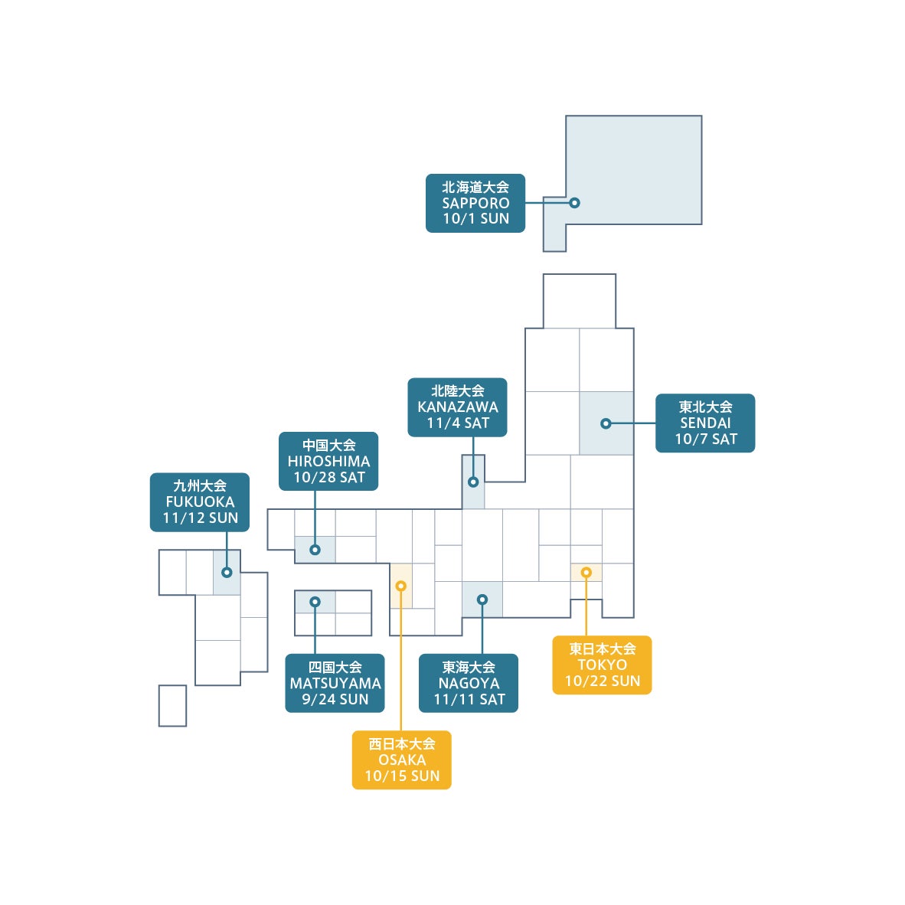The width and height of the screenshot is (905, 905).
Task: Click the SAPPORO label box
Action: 475,202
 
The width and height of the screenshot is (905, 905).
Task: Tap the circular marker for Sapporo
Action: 574,203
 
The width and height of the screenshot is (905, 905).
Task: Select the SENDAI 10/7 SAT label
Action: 704,423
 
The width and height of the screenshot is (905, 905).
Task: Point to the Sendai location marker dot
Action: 606,423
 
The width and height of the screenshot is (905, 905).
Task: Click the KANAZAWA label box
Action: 457,407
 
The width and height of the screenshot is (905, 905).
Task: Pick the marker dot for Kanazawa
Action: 473,482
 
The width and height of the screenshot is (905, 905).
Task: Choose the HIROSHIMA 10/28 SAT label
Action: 328,461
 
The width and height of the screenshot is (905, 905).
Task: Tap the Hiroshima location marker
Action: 315,550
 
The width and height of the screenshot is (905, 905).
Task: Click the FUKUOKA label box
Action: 200,502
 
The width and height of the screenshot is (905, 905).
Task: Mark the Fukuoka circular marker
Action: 227,572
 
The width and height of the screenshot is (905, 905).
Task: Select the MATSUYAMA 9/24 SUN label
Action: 335,683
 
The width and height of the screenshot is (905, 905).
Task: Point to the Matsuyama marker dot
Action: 315,602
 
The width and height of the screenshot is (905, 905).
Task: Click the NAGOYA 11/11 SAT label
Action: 469,683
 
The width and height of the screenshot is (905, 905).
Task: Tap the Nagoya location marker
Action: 482,600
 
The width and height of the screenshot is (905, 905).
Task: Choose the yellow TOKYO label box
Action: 602,665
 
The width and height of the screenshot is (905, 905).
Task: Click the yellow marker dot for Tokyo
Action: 586,572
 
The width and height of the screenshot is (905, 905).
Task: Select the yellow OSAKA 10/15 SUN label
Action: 401,760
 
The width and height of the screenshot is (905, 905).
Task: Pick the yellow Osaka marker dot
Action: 400,586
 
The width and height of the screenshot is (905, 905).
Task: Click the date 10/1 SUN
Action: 475,219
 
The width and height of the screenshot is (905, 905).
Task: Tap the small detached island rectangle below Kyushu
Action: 172,705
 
